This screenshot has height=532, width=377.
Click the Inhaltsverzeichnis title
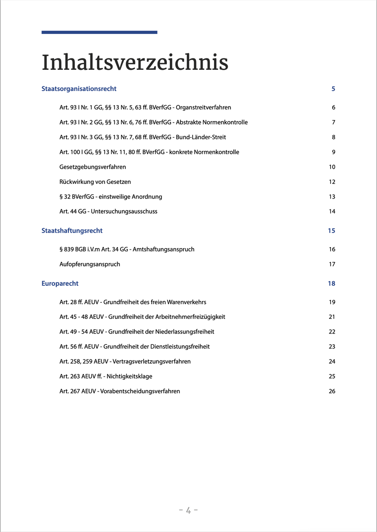coord(135,63)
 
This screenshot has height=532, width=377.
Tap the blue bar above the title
coord(99,32)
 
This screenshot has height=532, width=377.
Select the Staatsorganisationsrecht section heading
coord(79,89)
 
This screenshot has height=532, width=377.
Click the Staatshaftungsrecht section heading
coord(72,231)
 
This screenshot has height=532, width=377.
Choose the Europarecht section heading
coord(60,283)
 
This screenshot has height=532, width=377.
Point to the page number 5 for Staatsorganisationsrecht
coord(333,89)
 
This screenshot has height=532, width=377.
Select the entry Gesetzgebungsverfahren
coord(92,167)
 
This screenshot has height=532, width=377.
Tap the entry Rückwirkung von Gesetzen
coord(95,182)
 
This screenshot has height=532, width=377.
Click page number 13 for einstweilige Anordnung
coord(332,197)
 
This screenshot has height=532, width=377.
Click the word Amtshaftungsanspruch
coord(164,249)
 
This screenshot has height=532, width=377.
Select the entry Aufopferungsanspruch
coord(90,264)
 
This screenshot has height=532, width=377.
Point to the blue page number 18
coord(331,283)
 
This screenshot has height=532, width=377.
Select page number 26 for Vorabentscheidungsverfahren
coord(332,391)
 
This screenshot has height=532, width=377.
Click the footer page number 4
coord(188,510)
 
